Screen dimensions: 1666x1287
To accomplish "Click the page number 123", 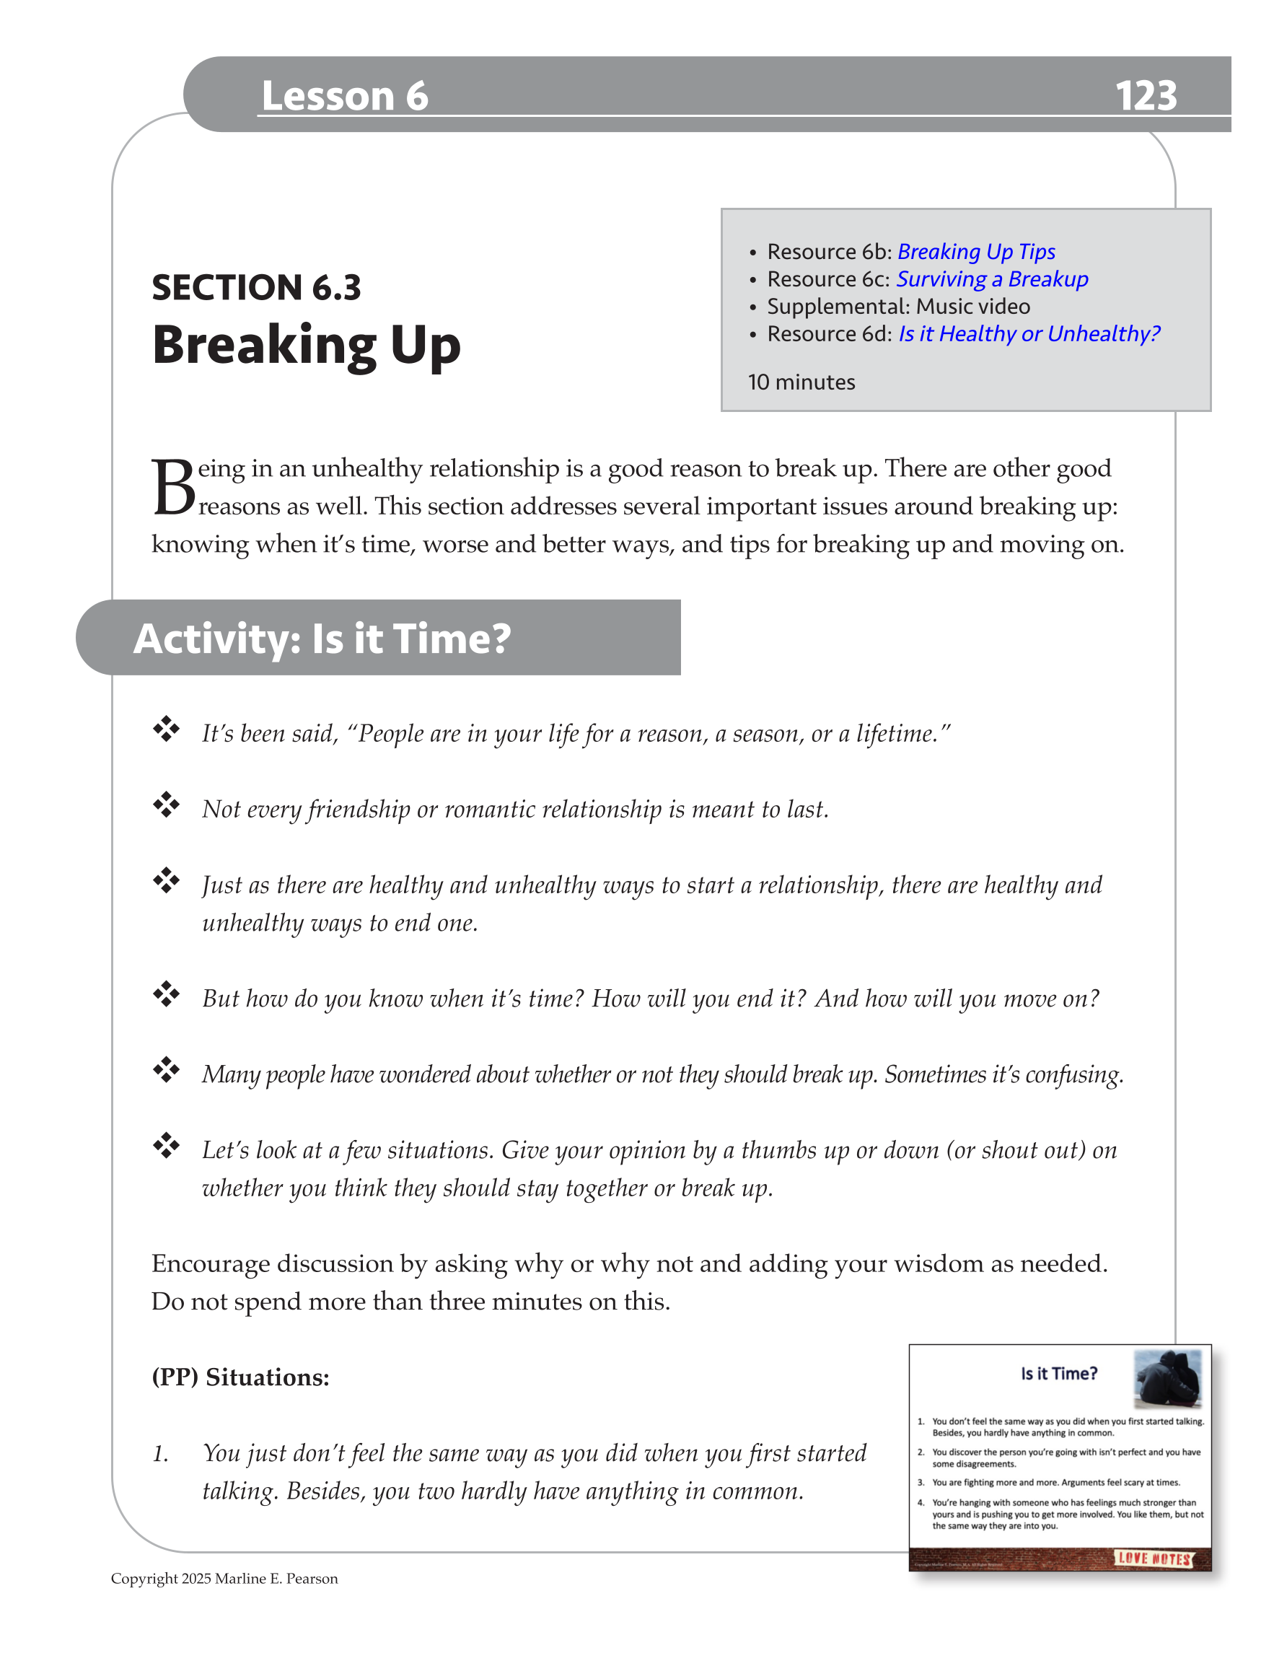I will click(1145, 96).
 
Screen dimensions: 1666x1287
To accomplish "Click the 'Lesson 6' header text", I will click(344, 96).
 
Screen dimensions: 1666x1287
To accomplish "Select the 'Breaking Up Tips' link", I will click(976, 252).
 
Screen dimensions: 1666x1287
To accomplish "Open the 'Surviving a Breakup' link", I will click(992, 279).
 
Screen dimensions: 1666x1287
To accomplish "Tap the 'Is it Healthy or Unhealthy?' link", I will click(1029, 334).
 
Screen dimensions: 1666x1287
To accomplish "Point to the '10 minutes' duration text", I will click(801, 382).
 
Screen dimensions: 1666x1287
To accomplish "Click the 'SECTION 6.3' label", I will click(256, 288).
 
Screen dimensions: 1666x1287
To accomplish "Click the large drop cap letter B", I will click(173, 488).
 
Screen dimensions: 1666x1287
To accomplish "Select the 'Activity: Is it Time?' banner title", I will click(322, 639).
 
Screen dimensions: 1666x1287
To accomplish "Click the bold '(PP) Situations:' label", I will click(240, 1377).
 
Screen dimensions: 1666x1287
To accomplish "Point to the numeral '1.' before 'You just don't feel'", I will click(160, 1454).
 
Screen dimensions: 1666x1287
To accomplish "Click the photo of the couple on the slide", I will click(1167, 1378).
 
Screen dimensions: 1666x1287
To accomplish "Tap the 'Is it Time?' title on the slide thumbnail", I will click(1059, 1374).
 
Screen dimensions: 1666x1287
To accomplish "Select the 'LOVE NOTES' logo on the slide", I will click(1154, 1559).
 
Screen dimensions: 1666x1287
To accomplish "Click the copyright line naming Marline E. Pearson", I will click(224, 1578).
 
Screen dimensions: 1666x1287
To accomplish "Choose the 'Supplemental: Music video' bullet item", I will click(898, 307).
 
